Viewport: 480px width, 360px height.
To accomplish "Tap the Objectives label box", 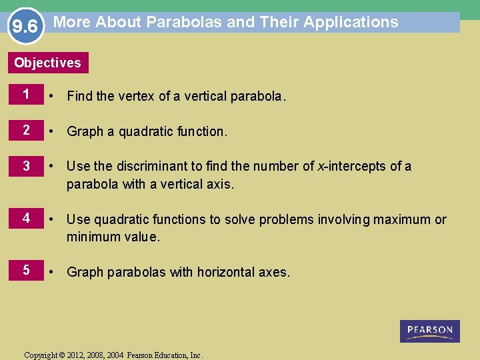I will point(47,63).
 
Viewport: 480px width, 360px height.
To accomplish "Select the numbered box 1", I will point(26,95).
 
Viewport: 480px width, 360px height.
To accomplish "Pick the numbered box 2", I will point(26,131).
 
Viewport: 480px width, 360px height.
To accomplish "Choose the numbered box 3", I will point(26,166).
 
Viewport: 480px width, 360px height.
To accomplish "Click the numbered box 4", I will point(26,219).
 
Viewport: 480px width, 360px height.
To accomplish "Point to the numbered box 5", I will point(26,271).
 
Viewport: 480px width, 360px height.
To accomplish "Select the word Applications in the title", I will point(351,22).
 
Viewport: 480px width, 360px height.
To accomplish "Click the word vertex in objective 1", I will point(136,96).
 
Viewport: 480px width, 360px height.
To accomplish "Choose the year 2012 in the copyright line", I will point(80,355).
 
